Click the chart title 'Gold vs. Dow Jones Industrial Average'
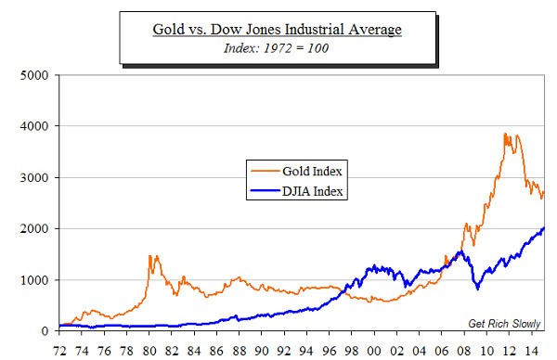tap(278, 30)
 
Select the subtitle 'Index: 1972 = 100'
tap(278, 48)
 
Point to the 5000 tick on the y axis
tap(33, 74)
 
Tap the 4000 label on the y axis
tap(33, 126)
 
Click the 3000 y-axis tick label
tap(33, 177)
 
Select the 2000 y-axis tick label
tap(33, 229)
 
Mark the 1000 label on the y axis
tap(33, 280)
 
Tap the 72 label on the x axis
tap(60, 350)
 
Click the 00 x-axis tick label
tap(374, 350)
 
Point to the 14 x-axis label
tap(530, 350)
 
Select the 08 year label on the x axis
tap(463, 350)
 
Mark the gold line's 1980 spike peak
tap(151, 256)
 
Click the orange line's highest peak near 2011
tap(505, 134)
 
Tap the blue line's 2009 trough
tap(477, 289)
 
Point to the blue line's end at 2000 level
tap(544, 228)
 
